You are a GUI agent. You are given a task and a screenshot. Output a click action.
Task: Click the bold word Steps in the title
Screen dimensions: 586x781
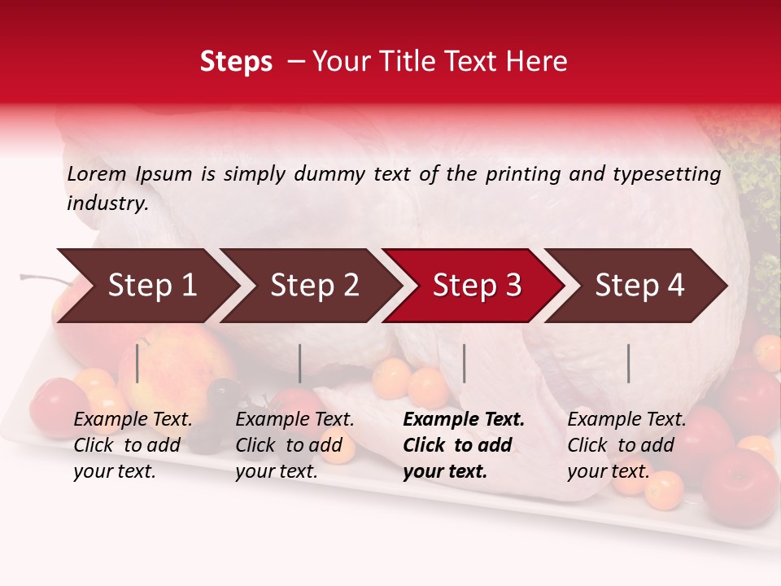(236, 61)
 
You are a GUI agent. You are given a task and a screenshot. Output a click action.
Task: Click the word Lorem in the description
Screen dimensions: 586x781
(96, 173)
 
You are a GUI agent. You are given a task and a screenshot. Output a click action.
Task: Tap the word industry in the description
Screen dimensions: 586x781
(107, 203)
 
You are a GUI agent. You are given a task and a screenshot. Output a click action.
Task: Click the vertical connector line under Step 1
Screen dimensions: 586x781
(137, 363)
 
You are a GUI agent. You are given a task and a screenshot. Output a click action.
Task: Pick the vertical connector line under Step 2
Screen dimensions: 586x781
(300, 363)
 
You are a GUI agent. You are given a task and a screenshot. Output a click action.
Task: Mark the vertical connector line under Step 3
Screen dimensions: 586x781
(465, 363)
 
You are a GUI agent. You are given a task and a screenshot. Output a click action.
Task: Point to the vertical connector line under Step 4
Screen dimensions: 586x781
(628, 363)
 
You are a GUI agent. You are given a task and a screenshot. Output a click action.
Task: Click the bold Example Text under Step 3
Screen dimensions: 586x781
(464, 420)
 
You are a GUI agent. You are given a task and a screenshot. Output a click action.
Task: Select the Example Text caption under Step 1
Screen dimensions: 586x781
(133, 420)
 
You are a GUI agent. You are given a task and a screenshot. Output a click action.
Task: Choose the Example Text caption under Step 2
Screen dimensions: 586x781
(295, 420)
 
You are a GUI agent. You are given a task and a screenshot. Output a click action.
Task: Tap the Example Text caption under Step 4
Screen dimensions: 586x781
(626, 420)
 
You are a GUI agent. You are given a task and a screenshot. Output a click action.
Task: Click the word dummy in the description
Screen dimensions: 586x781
(330, 173)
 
